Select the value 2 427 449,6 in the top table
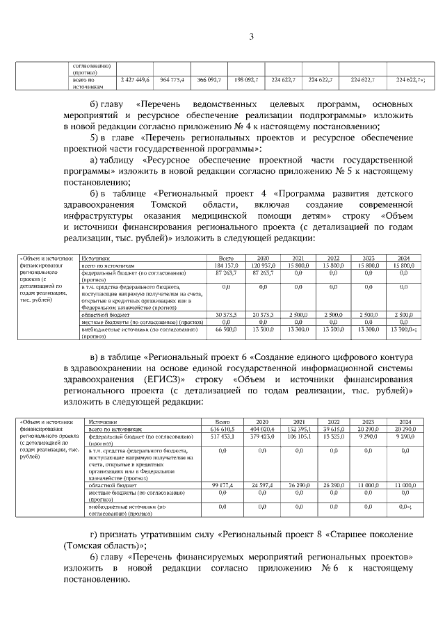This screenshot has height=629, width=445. tap(135, 81)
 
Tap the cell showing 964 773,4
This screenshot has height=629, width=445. tap(172, 81)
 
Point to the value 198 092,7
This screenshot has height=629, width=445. tap(246, 81)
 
